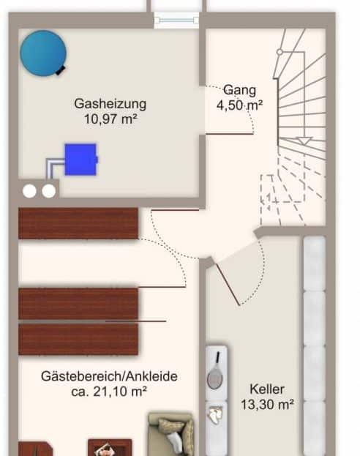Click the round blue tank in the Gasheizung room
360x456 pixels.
click(43, 53)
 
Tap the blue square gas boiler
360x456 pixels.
click(80, 160)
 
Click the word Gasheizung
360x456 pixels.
click(110, 104)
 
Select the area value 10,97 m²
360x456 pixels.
click(110, 119)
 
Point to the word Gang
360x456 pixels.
click(239, 90)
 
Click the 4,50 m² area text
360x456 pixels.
click(239, 105)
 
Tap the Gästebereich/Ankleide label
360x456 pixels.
click(109, 376)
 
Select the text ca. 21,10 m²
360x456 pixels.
click(109, 392)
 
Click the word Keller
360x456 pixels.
click(267, 389)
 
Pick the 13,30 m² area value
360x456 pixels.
click(267, 404)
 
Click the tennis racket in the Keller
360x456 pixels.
click(215, 371)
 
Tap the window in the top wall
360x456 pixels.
click(176, 20)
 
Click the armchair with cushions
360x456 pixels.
click(171, 433)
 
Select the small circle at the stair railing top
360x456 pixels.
click(280, 52)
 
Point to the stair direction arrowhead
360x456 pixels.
click(305, 141)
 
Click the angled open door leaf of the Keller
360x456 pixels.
click(228, 285)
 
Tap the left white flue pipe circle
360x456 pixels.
click(30, 191)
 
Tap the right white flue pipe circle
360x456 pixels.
click(48, 191)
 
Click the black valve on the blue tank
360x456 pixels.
click(61, 70)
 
